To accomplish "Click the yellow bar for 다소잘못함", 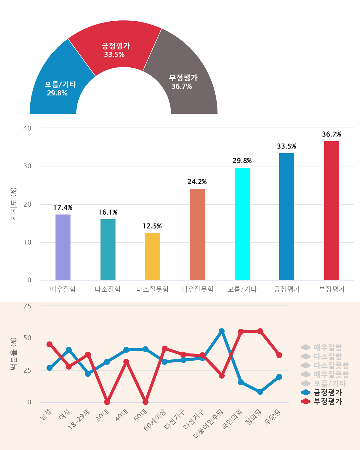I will click(x=152, y=256).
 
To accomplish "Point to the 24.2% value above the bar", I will click(x=197, y=182).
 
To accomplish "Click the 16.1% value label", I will click(x=108, y=212).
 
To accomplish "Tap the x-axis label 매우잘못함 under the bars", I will click(x=197, y=289).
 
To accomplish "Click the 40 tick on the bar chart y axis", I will click(x=27, y=128).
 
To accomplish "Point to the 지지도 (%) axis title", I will click(x=13, y=204).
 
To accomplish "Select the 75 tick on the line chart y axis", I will click(x=27, y=306).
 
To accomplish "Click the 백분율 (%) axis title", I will click(x=13, y=354).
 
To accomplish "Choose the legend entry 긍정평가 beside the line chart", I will click(x=328, y=392).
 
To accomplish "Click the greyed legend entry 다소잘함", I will click(x=328, y=356).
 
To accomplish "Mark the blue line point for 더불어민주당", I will click(x=222, y=331).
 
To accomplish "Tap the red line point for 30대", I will click(x=107, y=402).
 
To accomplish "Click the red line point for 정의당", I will click(x=260, y=331).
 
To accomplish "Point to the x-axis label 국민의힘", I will click(x=232, y=419).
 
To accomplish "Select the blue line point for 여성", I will click(x=69, y=350).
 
